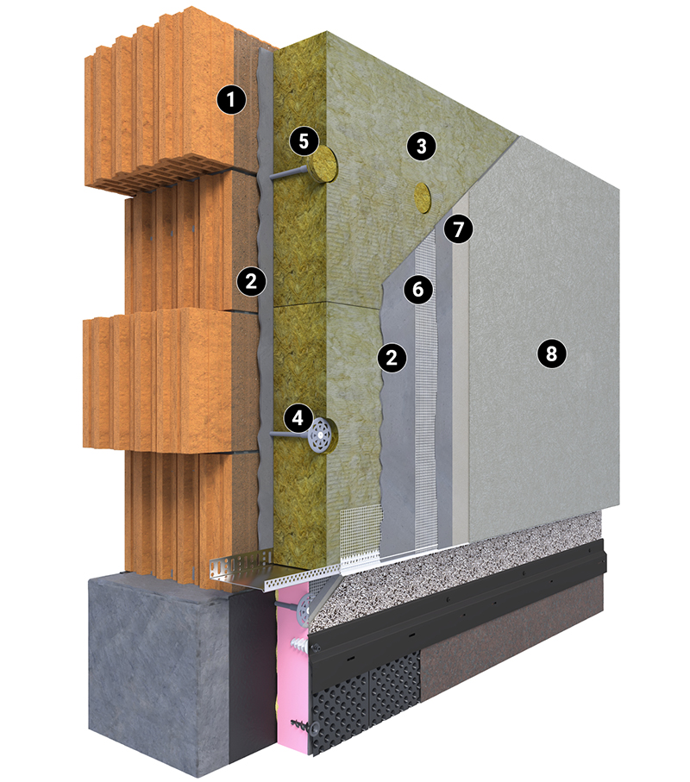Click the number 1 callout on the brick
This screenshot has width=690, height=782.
(231, 100)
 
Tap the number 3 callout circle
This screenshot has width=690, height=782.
(422, 146)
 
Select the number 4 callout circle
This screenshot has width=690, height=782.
(298, 417)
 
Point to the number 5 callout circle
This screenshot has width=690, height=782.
(304, 141)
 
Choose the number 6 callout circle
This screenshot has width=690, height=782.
(418, 289)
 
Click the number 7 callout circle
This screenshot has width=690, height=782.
(459, 229)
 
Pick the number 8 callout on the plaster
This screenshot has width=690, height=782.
(551, 353)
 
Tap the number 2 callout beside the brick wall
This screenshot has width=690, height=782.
(251, 282)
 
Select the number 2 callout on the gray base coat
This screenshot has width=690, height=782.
(392, 357)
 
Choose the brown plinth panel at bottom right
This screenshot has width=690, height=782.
(514, 643)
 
